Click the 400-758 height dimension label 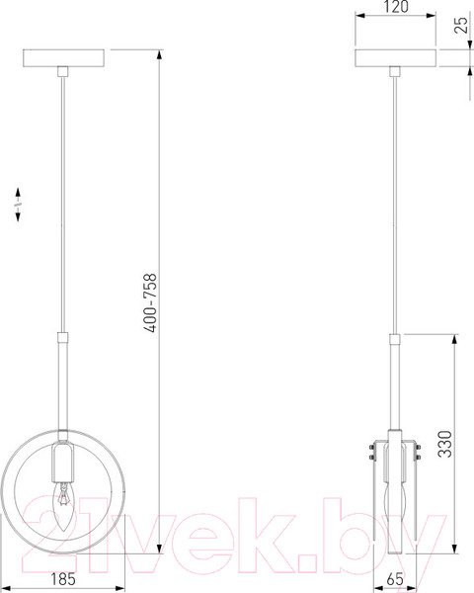point(150,302)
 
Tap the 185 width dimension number point(63,578)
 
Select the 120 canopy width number point(396,7)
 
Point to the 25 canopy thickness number point(461,25)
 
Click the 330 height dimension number point(445,444)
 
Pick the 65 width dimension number point(395,579)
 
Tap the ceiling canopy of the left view point(63,58)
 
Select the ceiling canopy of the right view point(395,58)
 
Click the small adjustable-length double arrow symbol point(18,204)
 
